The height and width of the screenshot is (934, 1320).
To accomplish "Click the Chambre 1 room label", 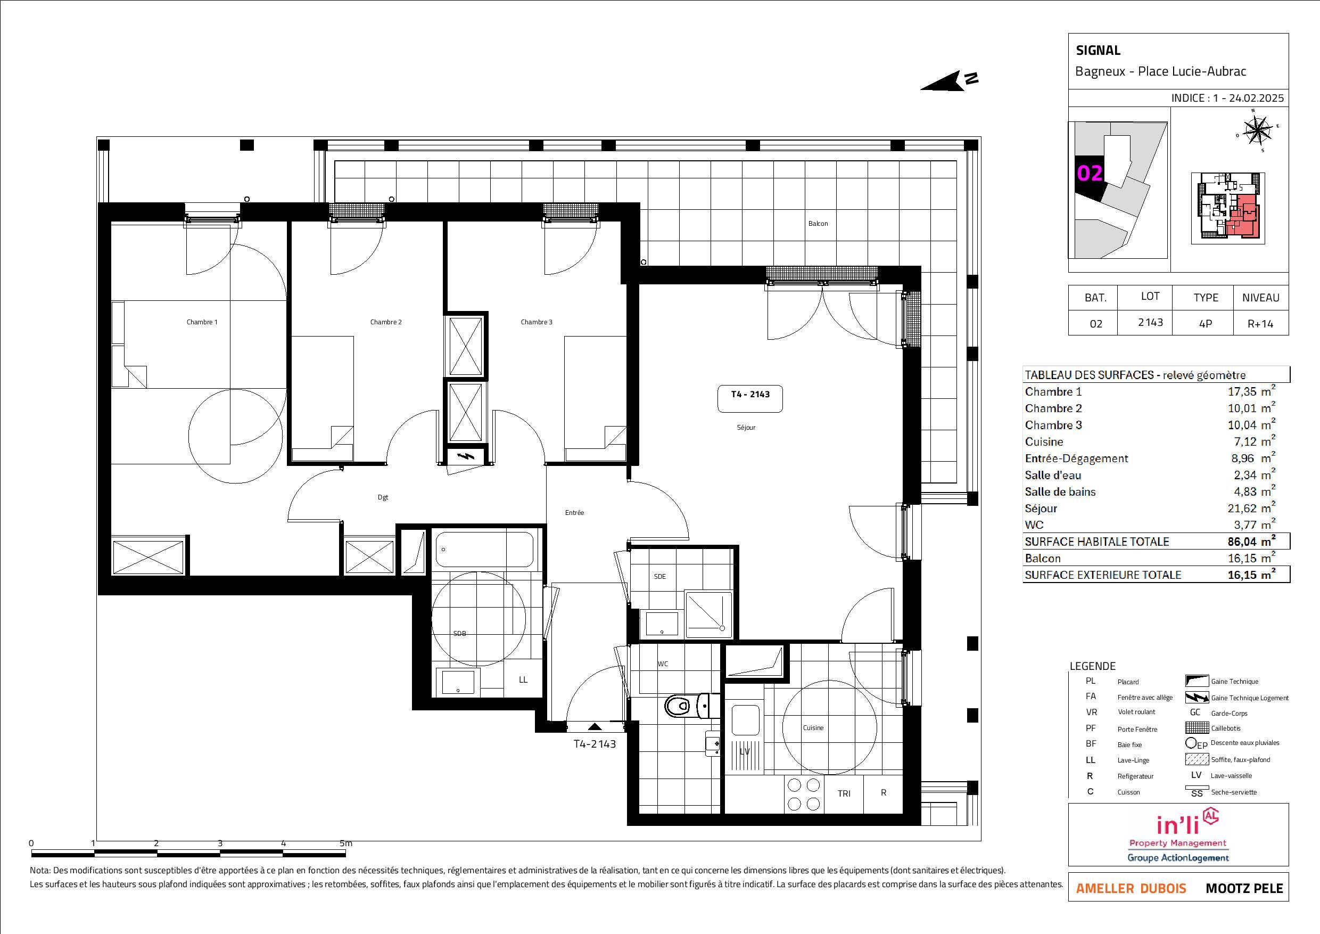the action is tap(202, 322).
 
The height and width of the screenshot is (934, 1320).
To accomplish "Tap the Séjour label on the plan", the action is tap(746, 427).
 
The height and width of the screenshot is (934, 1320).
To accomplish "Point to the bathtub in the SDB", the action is tap(484, 549).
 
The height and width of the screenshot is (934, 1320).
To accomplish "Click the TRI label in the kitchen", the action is tap(844, 793).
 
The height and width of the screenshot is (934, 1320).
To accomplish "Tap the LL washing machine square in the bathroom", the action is tap(523, 679).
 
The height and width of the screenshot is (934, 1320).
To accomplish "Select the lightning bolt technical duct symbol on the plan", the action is tap(467, 457).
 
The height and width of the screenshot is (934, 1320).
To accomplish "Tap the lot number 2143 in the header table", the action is tap(1150, 322).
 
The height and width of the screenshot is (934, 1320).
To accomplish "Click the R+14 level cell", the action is tap(1260, 323).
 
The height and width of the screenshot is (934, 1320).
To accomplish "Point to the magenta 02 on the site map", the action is tap(1090, 173).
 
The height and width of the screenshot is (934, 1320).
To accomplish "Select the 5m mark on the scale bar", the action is tap(345, 843).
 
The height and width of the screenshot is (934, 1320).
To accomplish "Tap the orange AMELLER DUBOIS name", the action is tap(1131, 889).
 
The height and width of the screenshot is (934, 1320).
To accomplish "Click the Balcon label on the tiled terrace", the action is tap(818, 224).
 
